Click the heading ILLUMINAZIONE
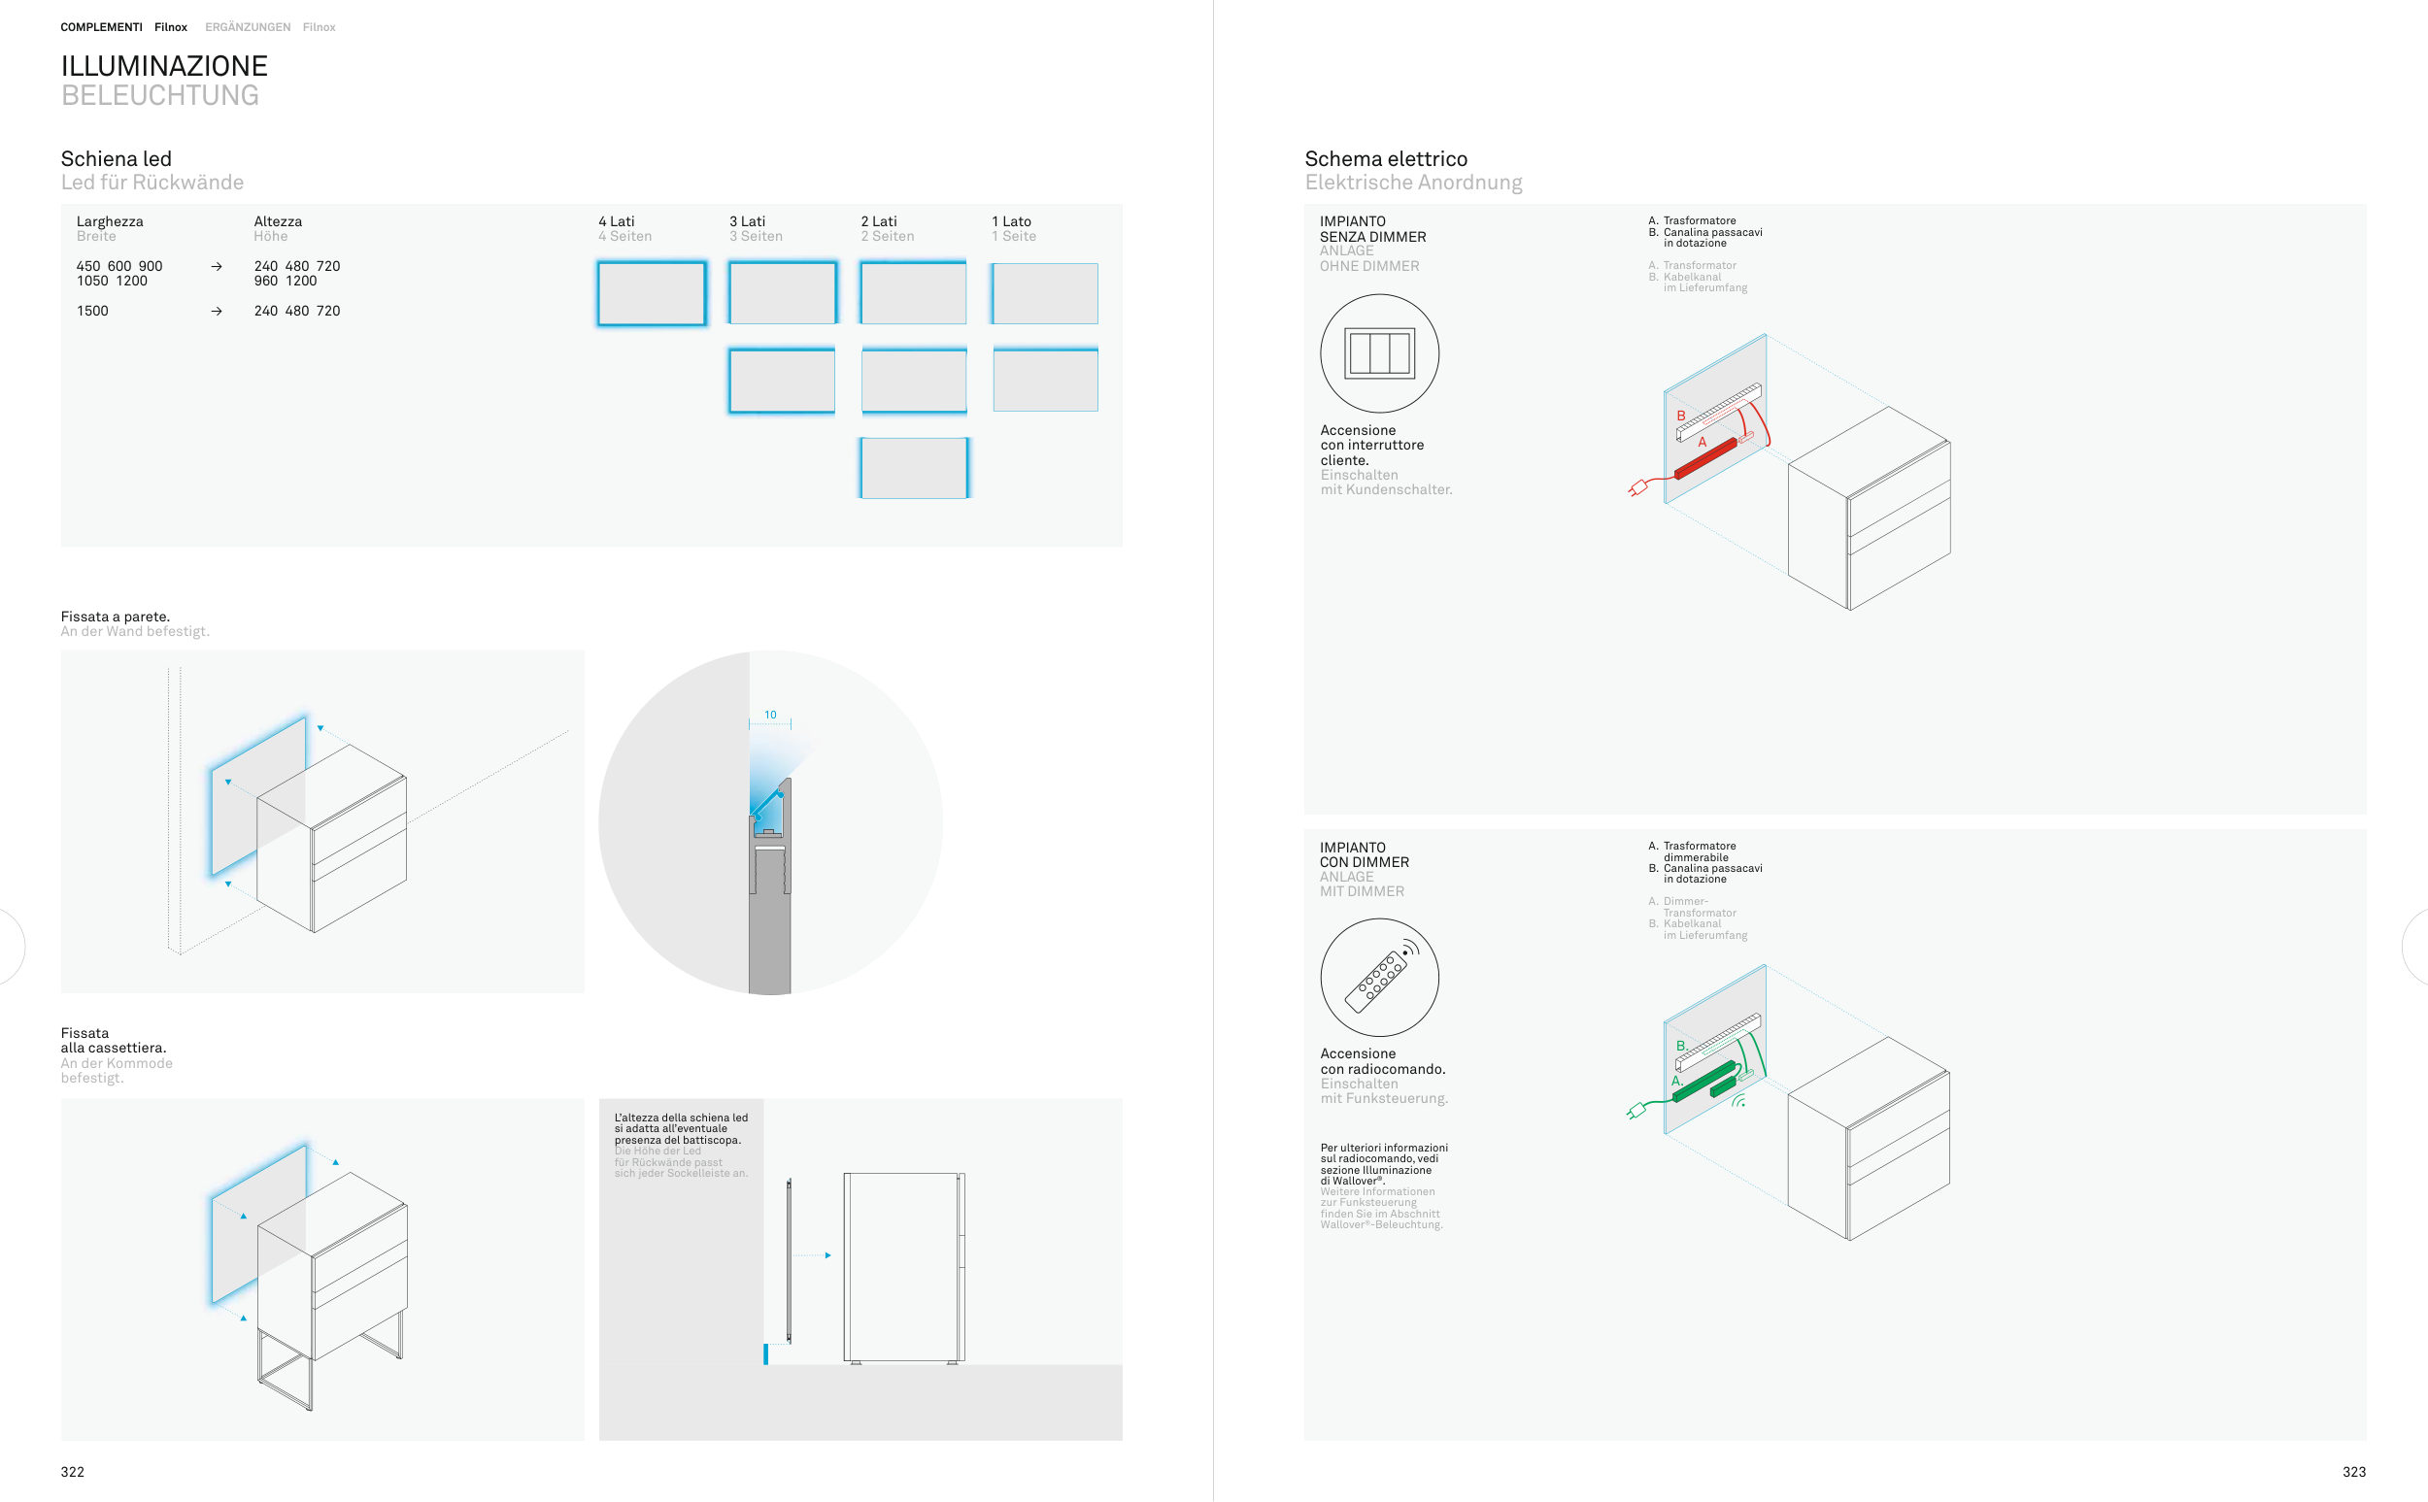[x=164, y=66]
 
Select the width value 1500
[x=92, y=311]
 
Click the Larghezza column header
[x=110, y=221]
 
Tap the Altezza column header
[x=277, y=221]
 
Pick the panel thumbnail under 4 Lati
[x=652, y=293]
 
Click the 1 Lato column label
[x=1011, y=221]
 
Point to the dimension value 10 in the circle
[x=770, y=715]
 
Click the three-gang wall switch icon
[x=1379, y=352]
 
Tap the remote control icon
[x=1381, y=977]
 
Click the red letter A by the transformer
[x=1702, y=442]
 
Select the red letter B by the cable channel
[x=1681, y=416]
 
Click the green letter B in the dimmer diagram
[x=1680, y=1046]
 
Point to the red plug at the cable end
[x=1637, y=487]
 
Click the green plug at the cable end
[x=1636, y=1111]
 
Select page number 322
[x=73, y=1472]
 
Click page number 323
[x=2353, y=1472]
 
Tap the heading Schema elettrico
[x=1386, y=159]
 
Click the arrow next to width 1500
[x=217, y=311]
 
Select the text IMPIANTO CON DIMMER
[x=1364, y=855]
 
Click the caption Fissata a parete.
[x=116, y=617]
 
